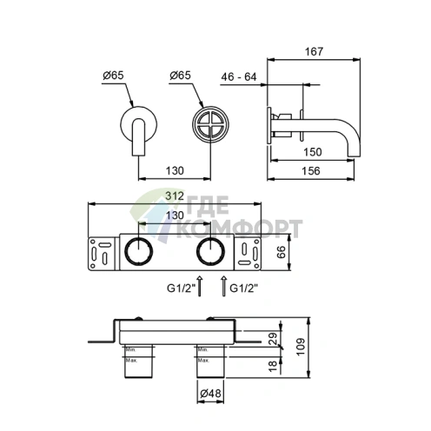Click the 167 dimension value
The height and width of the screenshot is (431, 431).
pyautogui.click(x=314, y=52)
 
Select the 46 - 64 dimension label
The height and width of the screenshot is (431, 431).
pyautogui.click(x=238, y=76)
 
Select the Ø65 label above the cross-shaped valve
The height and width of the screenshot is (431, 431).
pyautogui.click(x=179, y=76)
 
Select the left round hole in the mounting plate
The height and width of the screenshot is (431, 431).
pyautogui.click(x=137, y=252)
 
